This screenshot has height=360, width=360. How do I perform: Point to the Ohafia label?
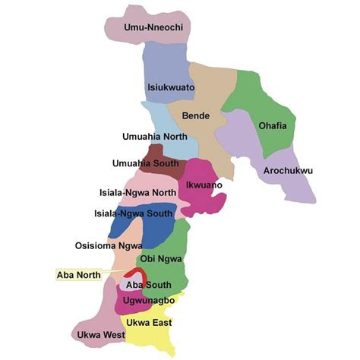click(272, 126)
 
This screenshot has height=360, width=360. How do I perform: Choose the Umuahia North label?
click(155, 137)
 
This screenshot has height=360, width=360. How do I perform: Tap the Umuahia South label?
click(145, 163)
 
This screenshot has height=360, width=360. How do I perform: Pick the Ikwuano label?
click(204, 185)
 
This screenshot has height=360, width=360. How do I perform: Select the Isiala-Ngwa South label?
click(133, 214)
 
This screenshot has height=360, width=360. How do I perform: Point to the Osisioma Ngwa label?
click(109, 246)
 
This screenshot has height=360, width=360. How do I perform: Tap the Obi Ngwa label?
click(159, 259)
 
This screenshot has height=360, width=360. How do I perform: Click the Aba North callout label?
click(80, 273)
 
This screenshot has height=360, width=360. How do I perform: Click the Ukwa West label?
click(99, 334)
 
